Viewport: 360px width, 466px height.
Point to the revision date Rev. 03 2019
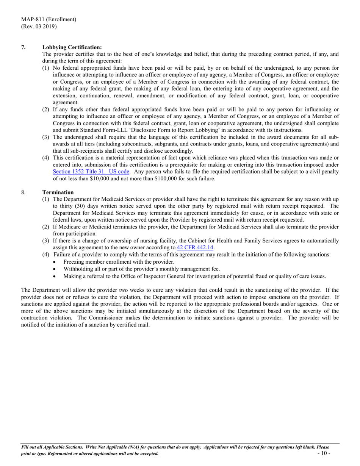tap(39, 26)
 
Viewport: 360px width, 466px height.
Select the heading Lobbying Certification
tap(72, 47)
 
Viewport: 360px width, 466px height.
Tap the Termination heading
tap(58, 192)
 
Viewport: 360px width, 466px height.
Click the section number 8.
tap(23, 192)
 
